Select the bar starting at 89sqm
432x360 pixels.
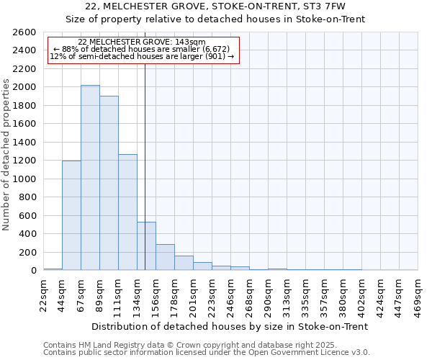pos(109,183)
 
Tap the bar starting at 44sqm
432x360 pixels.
pos(71,215)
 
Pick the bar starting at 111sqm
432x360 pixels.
pos(127,212)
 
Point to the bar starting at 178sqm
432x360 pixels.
pos(184,263)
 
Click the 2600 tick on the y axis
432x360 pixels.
pos(24,32)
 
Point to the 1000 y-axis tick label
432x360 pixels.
pos(24,179)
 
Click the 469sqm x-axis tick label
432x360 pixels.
pos(418,295)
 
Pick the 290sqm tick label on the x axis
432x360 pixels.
pos(268,295)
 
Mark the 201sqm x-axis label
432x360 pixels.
pos(193,295)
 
